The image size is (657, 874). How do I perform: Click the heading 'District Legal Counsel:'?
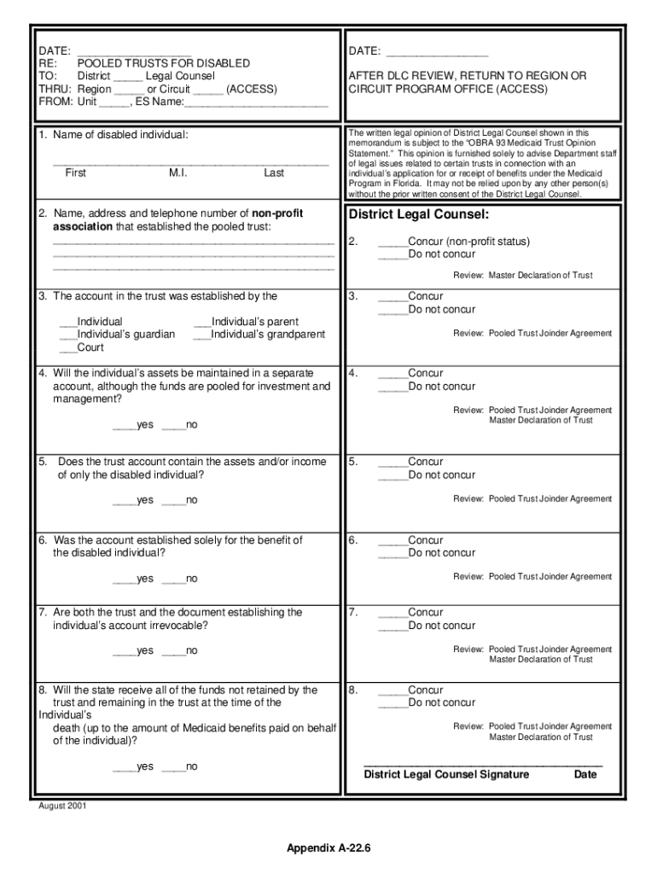click(418, 214)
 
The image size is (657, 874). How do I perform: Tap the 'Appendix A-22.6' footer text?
click(328, 848)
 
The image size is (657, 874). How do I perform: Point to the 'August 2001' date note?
click(62, 806)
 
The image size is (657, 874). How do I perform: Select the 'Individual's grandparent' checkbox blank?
click(202, 335)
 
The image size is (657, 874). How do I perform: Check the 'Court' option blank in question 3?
click(67, 348)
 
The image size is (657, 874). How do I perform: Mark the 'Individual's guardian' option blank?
click(67, 335)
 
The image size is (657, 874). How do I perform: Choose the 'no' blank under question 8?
click(173, 767)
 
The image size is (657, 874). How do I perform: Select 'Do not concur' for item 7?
click(392, 626)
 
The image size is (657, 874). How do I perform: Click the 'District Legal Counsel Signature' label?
click(446, 775)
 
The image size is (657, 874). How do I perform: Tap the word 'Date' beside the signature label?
click(585, 775)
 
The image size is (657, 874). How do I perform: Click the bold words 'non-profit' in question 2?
click(276, 213)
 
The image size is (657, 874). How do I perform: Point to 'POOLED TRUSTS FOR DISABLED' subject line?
click(163, 63)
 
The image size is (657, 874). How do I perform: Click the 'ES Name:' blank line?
click(256, 102)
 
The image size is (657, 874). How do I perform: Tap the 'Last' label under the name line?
click(274, 172)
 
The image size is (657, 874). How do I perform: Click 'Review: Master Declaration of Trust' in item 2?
click(521, 276)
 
